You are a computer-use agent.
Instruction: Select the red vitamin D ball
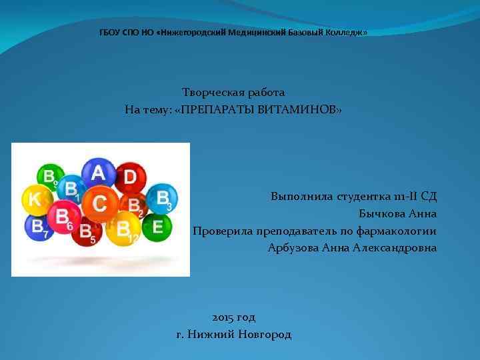click(131, 177)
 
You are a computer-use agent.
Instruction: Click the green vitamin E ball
click(157, 227)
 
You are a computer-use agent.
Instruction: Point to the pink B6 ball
click(63, 217)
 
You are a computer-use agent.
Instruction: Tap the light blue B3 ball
click(162, 198)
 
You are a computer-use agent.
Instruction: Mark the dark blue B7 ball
click(37, 227)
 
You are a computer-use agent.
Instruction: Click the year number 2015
click(223, 317)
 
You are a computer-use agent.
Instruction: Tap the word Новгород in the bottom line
click(263, 335)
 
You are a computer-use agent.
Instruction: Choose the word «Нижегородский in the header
click(191, 32)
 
